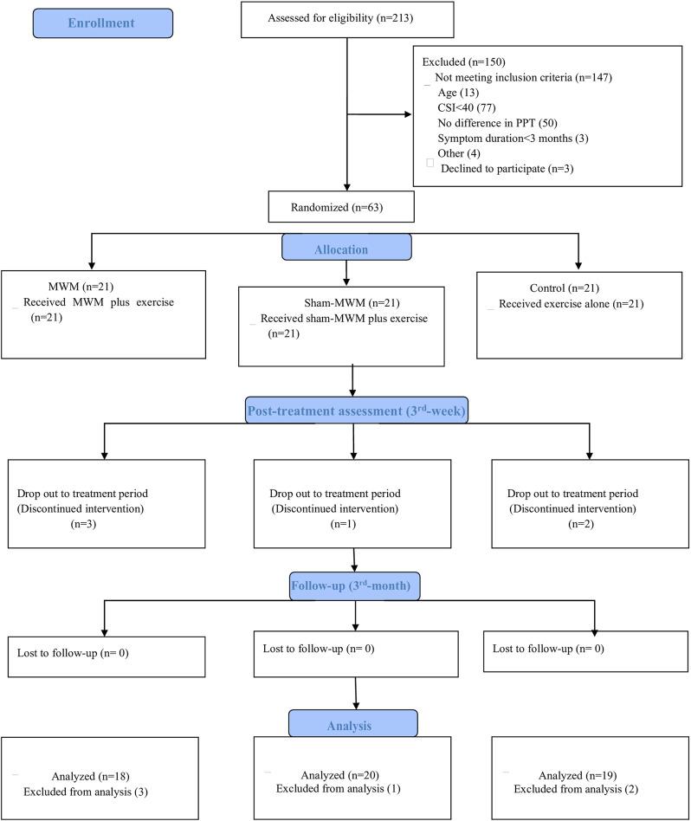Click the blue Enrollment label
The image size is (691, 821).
102,23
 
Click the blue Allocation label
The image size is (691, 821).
346,249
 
